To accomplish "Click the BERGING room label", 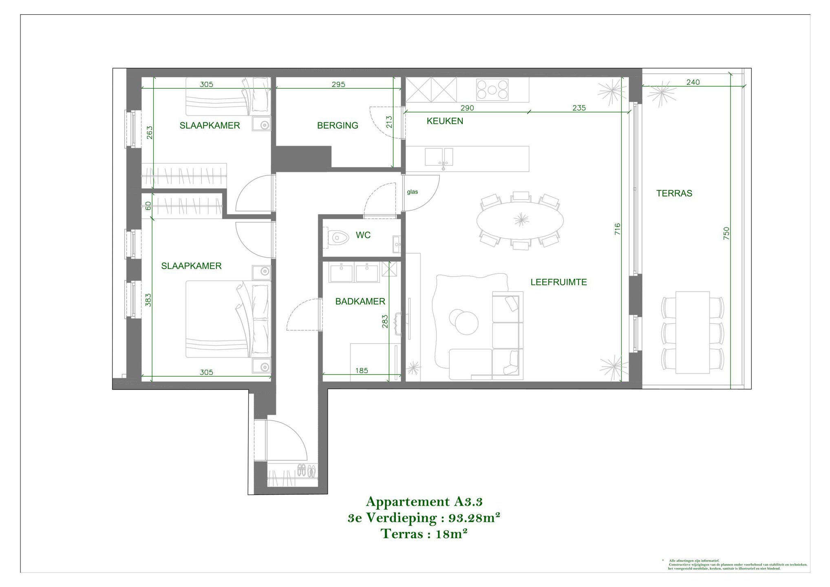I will tap(338, 126).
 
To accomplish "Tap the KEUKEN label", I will tap(445, 121).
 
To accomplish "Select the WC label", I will tap(363, 235).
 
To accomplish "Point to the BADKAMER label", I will tap(360, 302).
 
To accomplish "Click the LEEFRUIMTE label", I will tap(558, 282).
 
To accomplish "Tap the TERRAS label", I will tap(674, 193).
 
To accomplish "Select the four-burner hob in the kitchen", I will tap(492, 90).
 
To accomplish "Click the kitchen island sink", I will tap(439, 157).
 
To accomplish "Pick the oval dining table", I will tap(520, 221).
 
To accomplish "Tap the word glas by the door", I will tap(412, 192).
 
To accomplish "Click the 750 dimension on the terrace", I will tap(726, 233).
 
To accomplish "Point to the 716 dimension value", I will tap(617, 229).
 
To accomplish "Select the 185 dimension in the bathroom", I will tap(362, 371).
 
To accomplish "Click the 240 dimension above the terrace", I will tap(693, 82).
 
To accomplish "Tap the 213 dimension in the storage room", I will tap(389, 122).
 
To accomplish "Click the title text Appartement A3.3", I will tap(424, 501).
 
